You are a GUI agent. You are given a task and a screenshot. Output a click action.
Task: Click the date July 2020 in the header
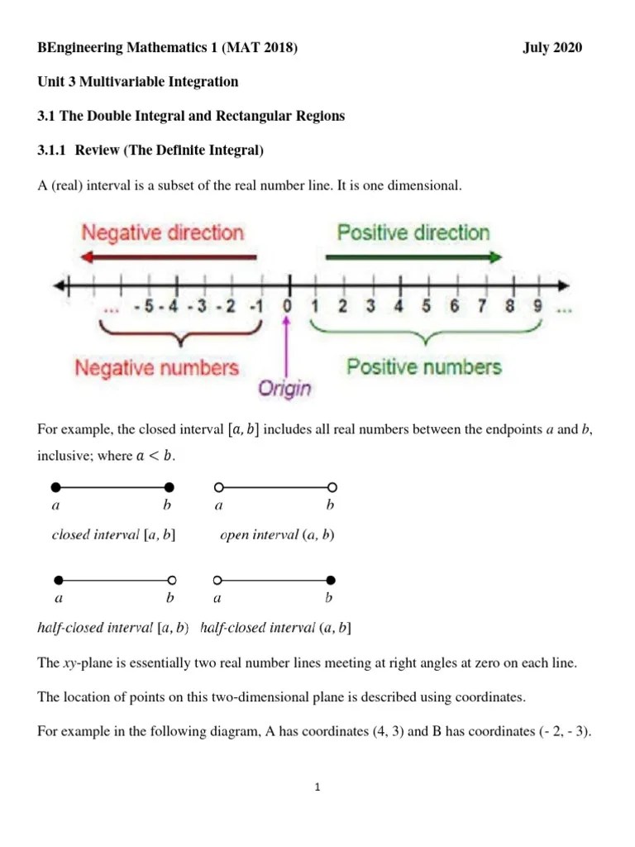(552, 48)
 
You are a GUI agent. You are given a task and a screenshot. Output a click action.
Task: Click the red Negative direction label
(162, 232)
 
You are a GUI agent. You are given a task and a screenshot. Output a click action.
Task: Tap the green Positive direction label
(413, 232)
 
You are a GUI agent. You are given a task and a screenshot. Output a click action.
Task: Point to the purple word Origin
(286, 388)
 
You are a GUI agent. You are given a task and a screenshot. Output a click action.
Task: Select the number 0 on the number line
(288, 307)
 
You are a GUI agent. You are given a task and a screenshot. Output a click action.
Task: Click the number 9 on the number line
(537, 307)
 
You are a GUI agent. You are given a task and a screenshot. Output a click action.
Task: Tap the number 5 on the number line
(426, 307)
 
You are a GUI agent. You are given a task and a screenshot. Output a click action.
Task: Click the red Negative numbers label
(157, 367)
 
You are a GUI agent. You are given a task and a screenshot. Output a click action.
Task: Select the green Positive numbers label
(424, 366)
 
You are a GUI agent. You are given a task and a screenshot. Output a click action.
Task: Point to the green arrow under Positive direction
(413, 256)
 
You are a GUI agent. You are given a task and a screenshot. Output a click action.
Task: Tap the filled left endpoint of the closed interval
(55, 486)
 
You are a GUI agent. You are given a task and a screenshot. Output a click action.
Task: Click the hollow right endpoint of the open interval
(332, 486)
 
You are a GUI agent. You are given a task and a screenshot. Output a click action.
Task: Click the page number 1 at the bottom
(317, 787)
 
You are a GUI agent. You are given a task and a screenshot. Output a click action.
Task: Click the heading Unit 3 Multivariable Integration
(138, 82)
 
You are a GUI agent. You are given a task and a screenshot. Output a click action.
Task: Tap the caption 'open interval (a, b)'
(277, 535)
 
